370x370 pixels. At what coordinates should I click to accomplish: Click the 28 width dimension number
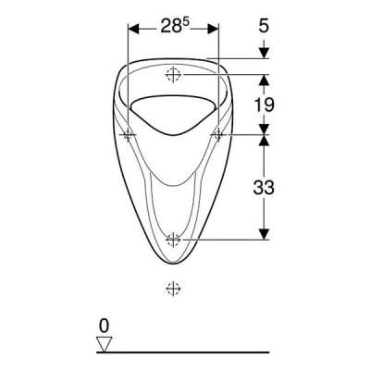tap(168, 27)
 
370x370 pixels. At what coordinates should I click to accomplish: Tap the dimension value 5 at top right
tap(264, 26)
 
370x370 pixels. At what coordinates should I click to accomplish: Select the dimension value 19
tap(264, 105)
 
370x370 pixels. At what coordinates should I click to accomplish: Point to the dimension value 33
tap(264, 187)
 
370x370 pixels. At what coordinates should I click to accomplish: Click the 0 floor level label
tap(105, 326)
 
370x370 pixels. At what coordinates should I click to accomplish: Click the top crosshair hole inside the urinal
tap(173, 74)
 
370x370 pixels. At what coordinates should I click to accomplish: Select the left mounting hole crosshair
tap(128, 135)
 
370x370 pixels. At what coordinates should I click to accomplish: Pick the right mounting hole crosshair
tap(218, 135)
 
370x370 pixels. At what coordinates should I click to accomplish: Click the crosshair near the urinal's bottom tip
tap(173, 239)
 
